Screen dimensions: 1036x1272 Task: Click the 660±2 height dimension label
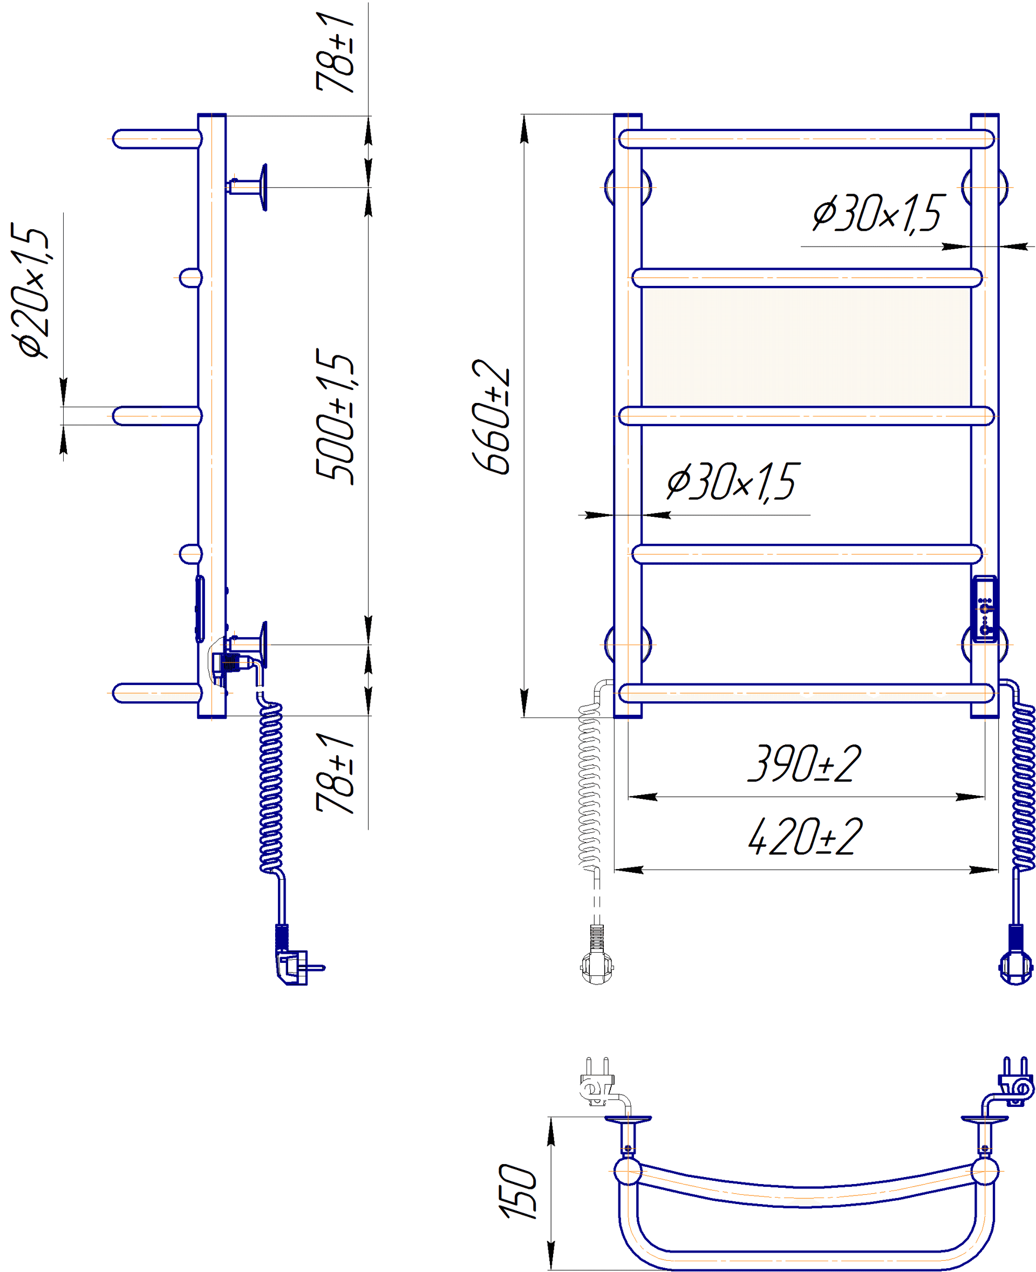(x=490, y=417)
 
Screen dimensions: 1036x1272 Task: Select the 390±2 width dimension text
(x=805, y=764)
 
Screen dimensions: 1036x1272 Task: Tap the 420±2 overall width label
(x=805, y=837)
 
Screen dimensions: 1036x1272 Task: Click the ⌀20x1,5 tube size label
(x=30, y=291)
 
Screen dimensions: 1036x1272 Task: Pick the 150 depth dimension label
(x=518, y=1191)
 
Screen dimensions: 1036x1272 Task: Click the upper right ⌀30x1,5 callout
(x=877, y=213)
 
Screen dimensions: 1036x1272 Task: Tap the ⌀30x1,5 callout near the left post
(x=732, y=482)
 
